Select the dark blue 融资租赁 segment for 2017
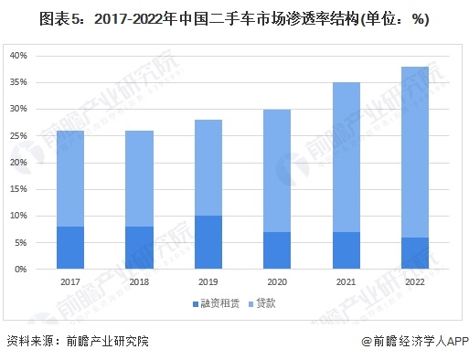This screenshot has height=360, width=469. (x=70, y=248)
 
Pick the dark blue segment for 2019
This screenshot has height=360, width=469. (x=208, y=242)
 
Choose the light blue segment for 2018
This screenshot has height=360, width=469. (x=140, y=178)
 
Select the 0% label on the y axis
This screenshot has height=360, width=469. (x=21, y=270)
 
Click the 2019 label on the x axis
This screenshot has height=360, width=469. (x=208, y=282)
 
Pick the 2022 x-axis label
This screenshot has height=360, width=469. (x=415, y=282)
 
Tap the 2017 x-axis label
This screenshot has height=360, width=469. (x=70, y=282)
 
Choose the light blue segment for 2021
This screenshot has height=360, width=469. (x=346, y=156)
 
